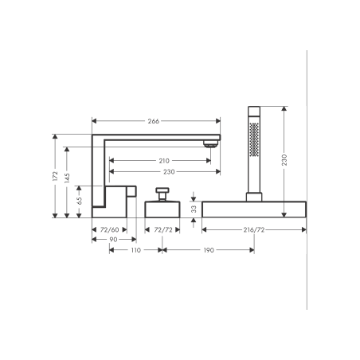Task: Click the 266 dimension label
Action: point(154,121)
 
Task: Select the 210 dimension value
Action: point(164,161)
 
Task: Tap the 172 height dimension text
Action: point(55,176)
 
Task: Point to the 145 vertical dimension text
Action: point(67,178)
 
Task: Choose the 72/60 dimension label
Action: point(109,229)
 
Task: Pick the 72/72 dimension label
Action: point(163,229)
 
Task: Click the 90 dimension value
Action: point(113,240)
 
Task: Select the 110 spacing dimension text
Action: point(135,250)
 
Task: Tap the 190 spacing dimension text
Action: point(209,250)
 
